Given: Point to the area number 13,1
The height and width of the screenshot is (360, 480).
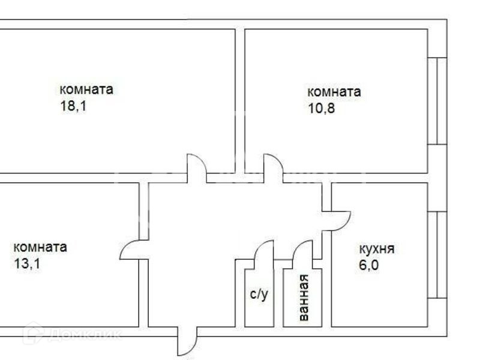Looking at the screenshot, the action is [x=26, y=265].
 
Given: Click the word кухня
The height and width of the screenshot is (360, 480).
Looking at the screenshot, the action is [x=376, y=250].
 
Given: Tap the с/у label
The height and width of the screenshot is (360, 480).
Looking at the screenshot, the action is [x=259, y=294].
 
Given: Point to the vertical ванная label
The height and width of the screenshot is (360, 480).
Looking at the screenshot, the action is [x=303, y=296].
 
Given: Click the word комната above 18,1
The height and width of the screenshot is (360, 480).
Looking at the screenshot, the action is [x=86, y=90].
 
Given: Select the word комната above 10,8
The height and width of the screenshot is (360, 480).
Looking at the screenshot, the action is [x=334, y=92].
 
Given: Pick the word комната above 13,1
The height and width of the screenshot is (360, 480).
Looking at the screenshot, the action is [x=40, y=247].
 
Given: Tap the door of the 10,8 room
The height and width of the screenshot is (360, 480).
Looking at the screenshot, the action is [x=273, y=167].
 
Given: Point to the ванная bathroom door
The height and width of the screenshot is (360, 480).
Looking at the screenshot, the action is [x=303, y=253].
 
